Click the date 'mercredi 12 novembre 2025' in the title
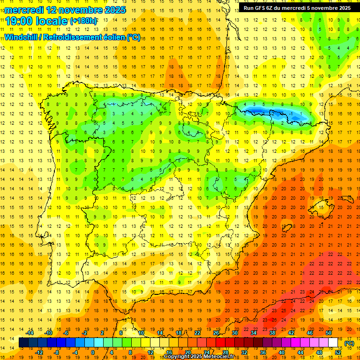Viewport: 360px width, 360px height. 65,10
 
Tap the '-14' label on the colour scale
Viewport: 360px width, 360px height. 30,333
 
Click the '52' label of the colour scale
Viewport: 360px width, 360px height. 338,352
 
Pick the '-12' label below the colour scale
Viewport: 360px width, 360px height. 39,352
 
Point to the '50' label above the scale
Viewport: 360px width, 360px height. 329,333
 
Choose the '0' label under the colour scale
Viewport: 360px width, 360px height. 92,352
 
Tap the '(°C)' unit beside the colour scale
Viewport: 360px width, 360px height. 349,343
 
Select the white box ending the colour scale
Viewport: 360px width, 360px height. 333,343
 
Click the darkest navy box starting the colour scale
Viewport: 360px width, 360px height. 23,343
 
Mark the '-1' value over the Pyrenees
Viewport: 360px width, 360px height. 292,113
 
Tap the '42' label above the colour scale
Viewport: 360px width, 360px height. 291,333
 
